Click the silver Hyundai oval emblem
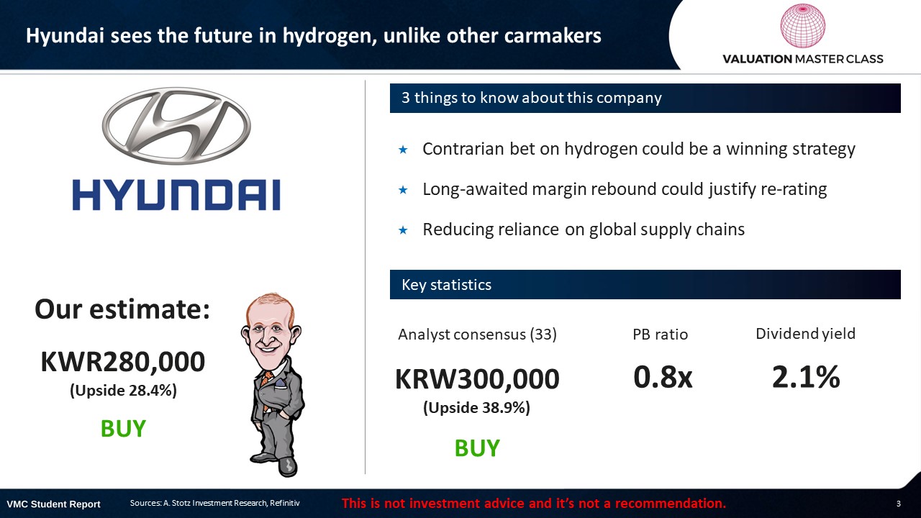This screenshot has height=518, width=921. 176,126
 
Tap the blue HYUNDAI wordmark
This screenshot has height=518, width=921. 177,195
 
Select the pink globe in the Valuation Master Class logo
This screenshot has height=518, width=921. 802,26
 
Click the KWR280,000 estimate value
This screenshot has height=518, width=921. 122,362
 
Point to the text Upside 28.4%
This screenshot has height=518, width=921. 123,390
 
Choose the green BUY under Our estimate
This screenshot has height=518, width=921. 123,428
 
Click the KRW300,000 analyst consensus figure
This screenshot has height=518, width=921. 477,378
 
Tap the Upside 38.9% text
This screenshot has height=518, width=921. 476,407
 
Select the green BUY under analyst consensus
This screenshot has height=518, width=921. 477,447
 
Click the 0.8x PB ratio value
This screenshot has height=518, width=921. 663,376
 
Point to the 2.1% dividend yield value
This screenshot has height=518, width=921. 806,376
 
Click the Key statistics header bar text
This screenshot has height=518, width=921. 447,284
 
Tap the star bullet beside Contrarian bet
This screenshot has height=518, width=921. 403,150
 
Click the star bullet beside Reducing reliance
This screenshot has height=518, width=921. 403,230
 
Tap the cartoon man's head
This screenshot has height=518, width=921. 271,329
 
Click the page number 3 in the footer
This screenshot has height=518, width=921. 899,504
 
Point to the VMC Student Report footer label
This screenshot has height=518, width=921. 53,504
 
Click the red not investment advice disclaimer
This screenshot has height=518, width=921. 534,503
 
